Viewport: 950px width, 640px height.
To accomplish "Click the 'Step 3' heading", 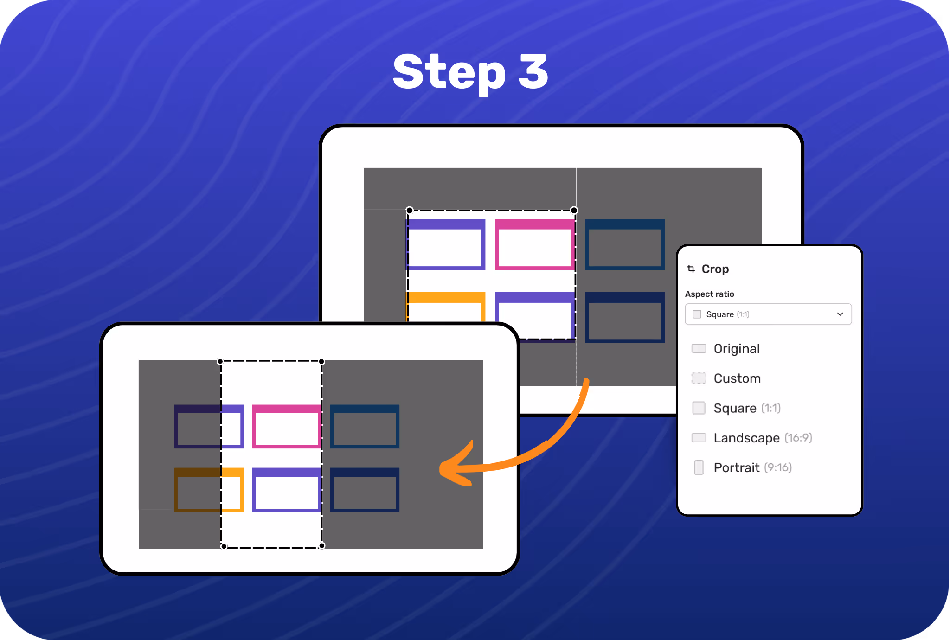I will click(470, 72).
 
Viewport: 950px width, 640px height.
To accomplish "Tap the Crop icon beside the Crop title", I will click(691, 269).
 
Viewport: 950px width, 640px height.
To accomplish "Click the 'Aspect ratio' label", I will click(709, 294).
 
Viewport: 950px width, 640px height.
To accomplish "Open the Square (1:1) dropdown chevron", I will click(840, 314).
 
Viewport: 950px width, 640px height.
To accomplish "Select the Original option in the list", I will click(736, 349).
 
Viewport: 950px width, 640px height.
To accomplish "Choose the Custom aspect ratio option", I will click(737, 378).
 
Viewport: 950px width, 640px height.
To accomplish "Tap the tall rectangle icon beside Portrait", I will click(699, 467).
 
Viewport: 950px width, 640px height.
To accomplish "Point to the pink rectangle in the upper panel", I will click(534, 245).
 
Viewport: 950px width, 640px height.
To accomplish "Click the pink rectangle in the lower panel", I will click(287, 427).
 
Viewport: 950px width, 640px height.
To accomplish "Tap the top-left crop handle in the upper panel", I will click(410, 211).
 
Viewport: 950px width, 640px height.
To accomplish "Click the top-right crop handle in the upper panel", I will click(574, 211).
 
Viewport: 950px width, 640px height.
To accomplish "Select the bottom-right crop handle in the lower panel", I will click(321, 546).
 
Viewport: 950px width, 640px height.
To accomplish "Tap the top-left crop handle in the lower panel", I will click(220, 362).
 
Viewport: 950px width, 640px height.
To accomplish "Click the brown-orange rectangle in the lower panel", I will click(198, 490).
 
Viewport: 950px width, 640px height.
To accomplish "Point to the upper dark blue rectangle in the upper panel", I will click(624, 245).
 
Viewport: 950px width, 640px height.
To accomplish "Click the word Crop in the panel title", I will click(715, 269).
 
